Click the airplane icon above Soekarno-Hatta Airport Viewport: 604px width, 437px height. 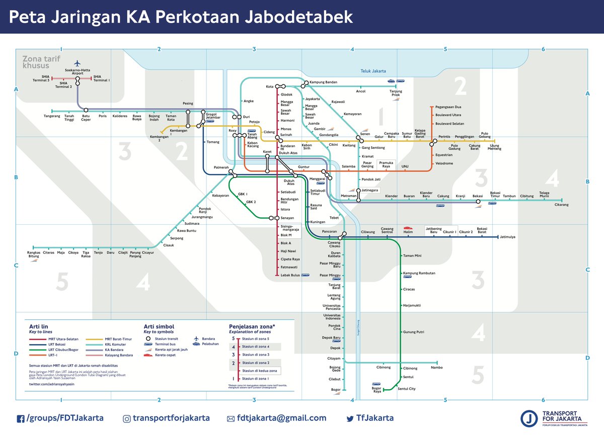point(77,63)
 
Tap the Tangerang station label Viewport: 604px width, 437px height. point(52,116)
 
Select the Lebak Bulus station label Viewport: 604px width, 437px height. point(290,275)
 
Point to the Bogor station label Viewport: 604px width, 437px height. point(335,390)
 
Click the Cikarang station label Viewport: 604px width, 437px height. point(561,205)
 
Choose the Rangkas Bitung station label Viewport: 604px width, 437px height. point(33,254)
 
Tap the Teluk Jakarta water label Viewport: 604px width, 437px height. point(373,71)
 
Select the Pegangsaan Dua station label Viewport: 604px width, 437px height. point(448,107)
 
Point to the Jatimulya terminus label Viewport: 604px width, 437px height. point(510,236)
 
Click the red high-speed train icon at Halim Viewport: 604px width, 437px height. point(408,228)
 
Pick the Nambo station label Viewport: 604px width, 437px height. point(437,367)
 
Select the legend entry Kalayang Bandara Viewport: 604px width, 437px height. point(119,355)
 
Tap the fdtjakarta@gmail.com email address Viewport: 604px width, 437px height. point(281,418)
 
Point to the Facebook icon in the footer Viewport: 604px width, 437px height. point(21,418)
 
